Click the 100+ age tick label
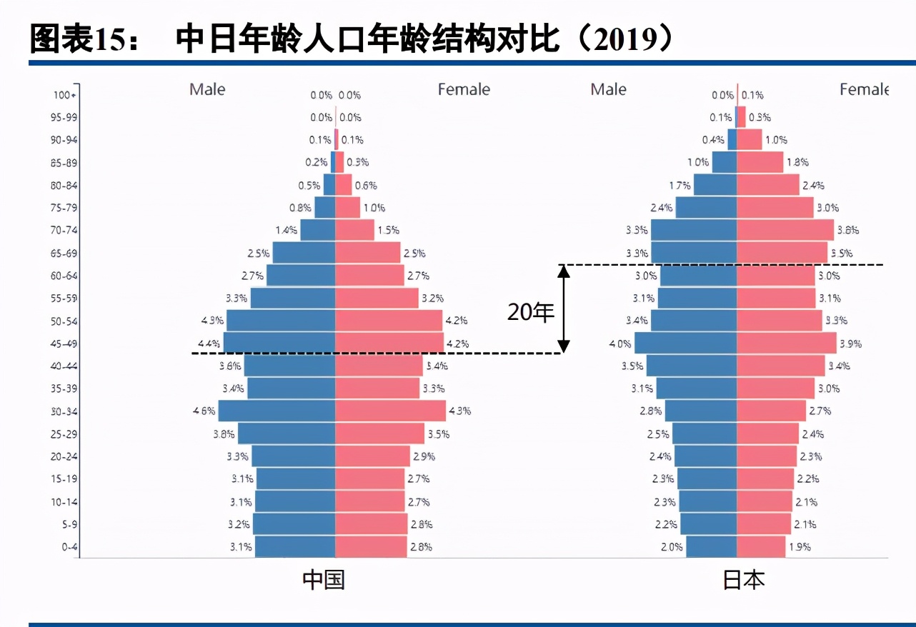[x=65, y=95]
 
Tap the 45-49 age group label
[x=65, y=343]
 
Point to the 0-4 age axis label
[x=69, y=547]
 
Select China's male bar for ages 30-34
[x=277, y=411]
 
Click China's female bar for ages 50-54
[x=389, y=321]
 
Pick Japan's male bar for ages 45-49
[x=686, y=343]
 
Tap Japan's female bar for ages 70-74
[x=785, y=230]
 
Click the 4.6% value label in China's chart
[x=204, y=411]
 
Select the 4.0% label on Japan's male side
[x=619, y=343]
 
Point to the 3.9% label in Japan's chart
[x=850, y=343]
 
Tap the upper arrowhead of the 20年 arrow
[x=564, y=271]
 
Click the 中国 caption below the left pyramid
[x=324, y=579]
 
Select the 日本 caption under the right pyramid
[x=744, y=579]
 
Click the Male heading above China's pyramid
[x=207, y=89]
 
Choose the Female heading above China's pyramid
[x=464, y=89]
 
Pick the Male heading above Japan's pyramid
[x=608, y=89]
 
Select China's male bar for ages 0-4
[x=295, y=547]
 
